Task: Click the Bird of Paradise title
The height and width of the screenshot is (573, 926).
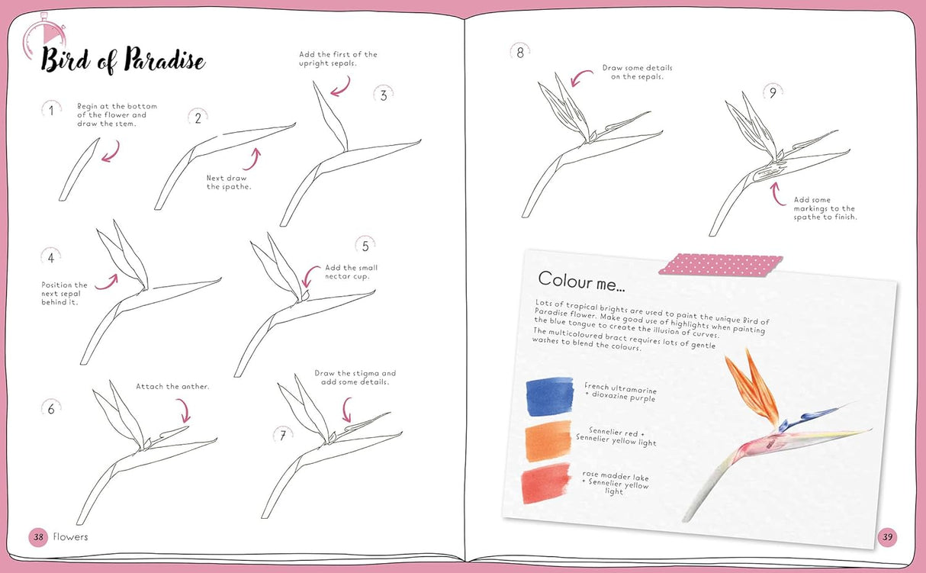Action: coord(123,60)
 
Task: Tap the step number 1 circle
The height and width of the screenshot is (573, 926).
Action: coord(51,111)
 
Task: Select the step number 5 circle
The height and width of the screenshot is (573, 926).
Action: coord(365,246)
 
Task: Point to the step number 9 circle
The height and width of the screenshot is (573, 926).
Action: coord(772,93)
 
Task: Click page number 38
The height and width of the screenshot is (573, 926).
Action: coord(38,537)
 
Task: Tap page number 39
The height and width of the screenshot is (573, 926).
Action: coord(887,537)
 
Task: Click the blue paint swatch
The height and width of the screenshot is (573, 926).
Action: coord(549,395)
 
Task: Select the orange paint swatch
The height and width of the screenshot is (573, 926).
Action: coord(548,441)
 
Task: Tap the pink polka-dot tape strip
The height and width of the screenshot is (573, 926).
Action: coord(720,264)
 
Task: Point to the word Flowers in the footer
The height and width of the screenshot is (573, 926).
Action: coord(69,537)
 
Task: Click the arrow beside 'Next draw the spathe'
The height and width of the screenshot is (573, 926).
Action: coord(252,159)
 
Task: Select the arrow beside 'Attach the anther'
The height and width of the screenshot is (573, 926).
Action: coord(183,411)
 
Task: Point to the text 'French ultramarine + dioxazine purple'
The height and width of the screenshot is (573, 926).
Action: coord(620,393)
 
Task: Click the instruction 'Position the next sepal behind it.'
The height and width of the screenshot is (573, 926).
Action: coord(64,294)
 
